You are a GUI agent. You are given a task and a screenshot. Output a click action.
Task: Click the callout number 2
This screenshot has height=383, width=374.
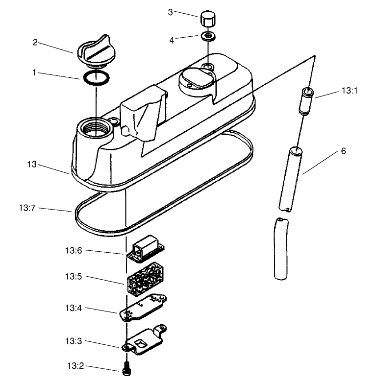(35, 42)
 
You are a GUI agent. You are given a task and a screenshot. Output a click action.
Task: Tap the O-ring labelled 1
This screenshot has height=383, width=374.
(95, 77)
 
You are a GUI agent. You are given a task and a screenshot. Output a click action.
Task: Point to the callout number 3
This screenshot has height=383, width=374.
(170, 12)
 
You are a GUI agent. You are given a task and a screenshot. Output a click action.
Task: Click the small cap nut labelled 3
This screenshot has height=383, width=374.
(206, 21)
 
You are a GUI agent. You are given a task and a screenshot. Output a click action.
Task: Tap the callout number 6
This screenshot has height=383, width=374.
(343, 151)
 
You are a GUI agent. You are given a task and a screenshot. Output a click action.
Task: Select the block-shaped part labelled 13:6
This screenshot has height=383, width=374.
(148, 249)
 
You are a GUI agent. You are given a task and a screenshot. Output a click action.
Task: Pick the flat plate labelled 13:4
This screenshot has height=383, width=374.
(144, 308)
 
